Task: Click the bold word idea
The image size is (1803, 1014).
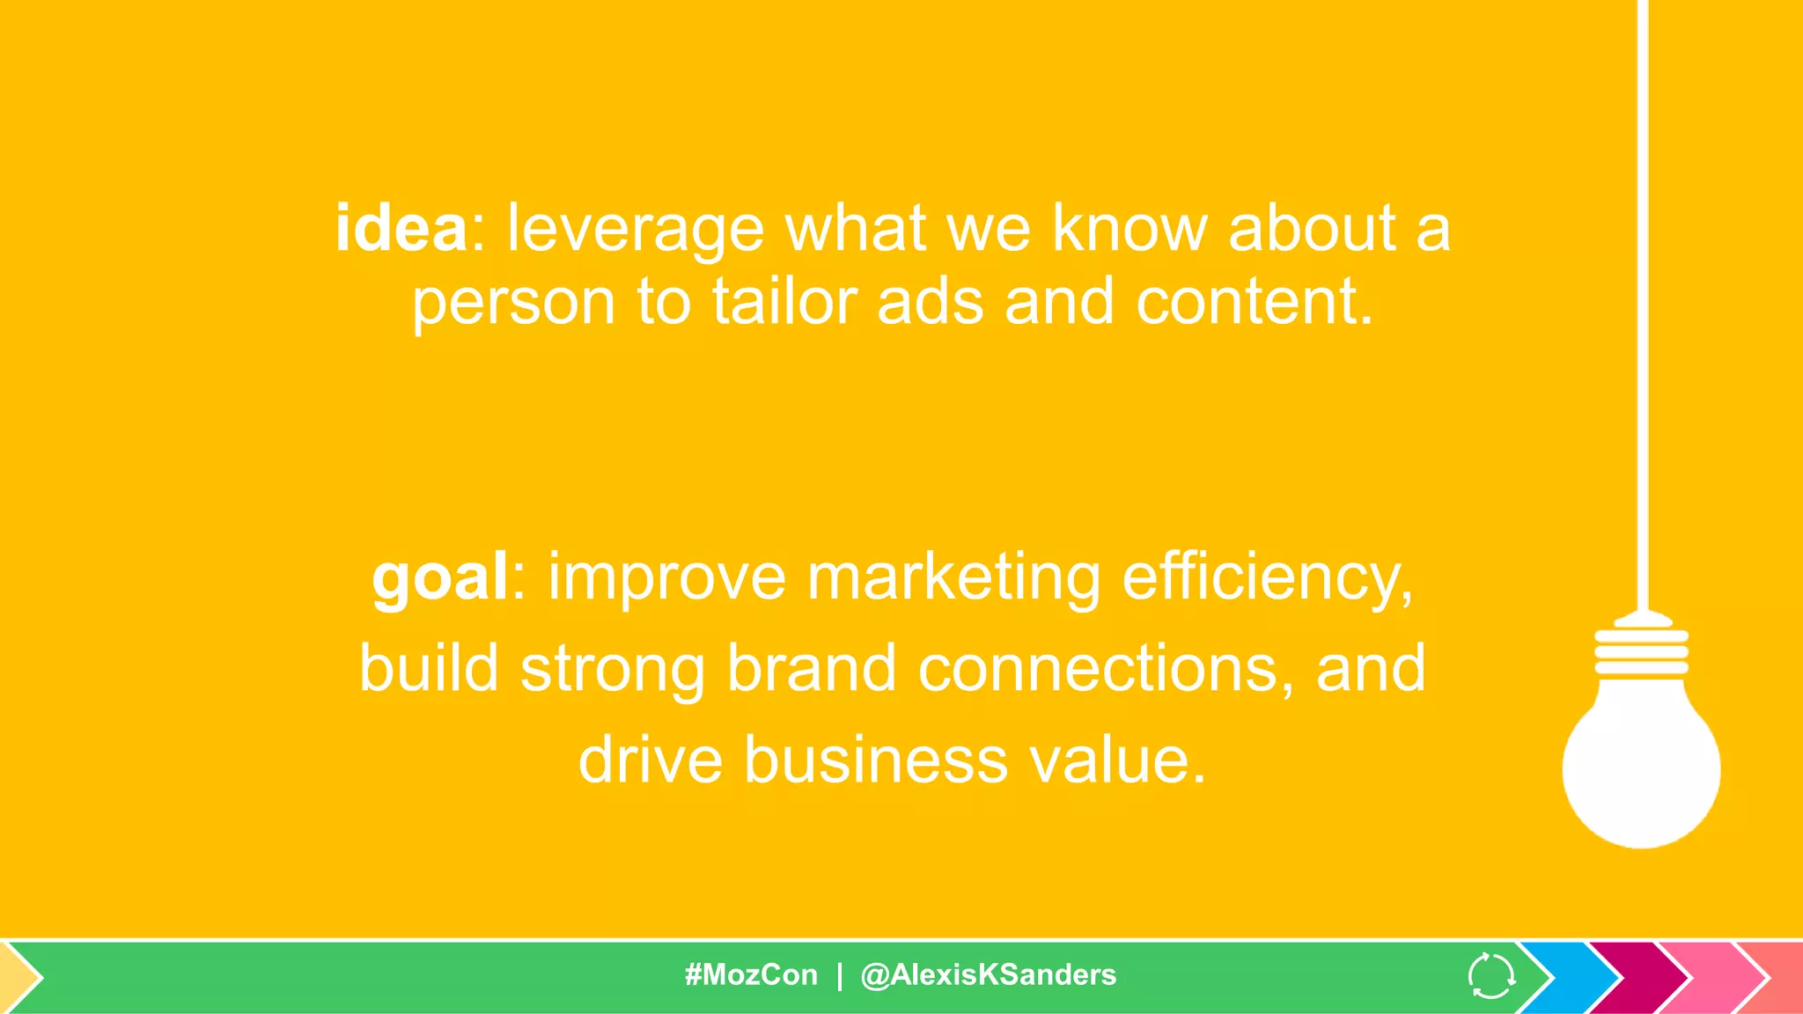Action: [x=401, y=229]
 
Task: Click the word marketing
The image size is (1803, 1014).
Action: [x=953, y=579]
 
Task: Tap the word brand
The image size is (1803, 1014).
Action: [x=811, y=669]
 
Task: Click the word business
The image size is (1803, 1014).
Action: [x=876, y=760]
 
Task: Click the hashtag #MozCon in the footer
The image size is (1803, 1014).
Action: [x=751, y=975]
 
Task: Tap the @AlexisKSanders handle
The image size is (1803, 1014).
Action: [x=988, y=975]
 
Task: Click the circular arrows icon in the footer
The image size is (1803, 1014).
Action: [x=1490, y=976]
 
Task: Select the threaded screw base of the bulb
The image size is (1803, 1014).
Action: [x=1641, y=651]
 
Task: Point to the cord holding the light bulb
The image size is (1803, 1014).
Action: [x=1642, y=308]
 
